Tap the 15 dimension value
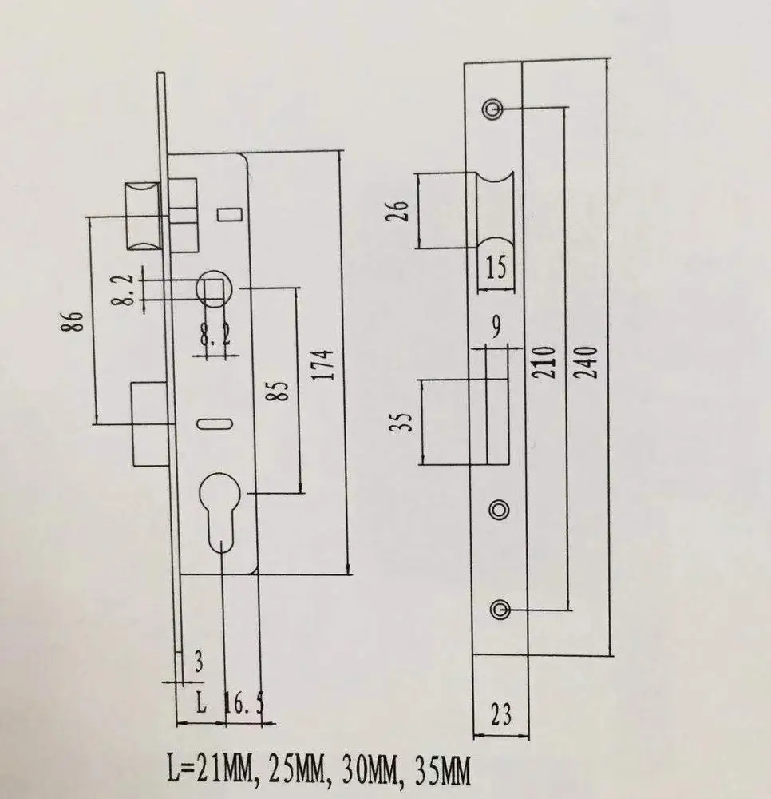tap(495, 267)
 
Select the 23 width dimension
tap(500, 714)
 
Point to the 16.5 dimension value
tap(244, 705)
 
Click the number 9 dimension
tap(497, 326)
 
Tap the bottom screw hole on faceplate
tap(500, 610)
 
